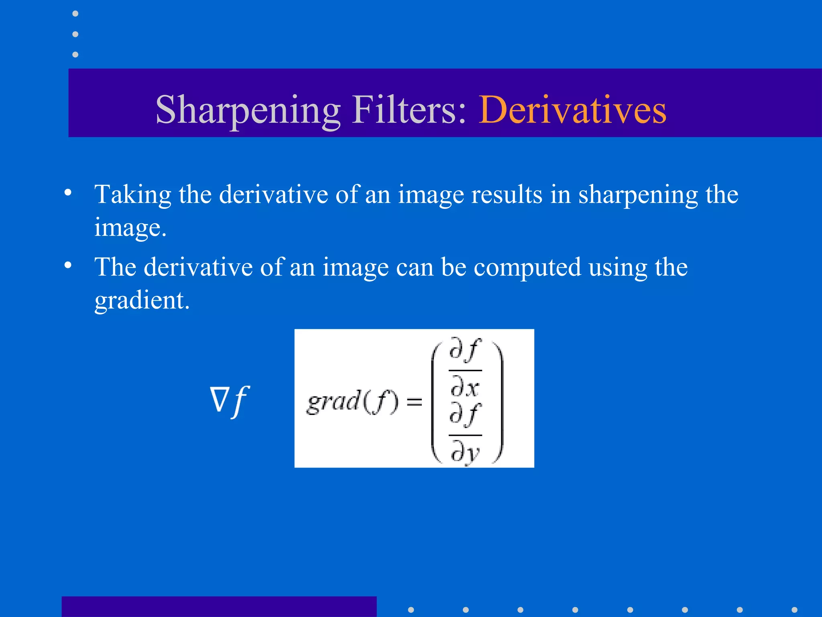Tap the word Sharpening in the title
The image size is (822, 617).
click(x=248, y=110)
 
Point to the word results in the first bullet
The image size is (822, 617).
click(x=507, y=195)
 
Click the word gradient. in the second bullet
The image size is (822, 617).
click(x=142, y=300)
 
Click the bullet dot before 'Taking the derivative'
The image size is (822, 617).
click(x=68, y=192)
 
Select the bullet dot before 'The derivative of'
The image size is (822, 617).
click(x=68, y=265)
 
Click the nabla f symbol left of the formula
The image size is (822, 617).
click(x=230, y=401)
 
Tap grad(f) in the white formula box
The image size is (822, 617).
click(x=353, y=402)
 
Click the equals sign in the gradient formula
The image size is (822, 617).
click(x=414, y=402)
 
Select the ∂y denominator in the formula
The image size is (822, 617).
click(x=465, y=452)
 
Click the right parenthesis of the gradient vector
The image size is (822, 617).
click(x=499, y=402)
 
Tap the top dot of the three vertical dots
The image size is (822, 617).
click(x=75, y=14)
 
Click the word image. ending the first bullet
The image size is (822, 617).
click(x=130, y=228)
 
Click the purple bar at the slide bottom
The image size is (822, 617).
click(x=219, y=607)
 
